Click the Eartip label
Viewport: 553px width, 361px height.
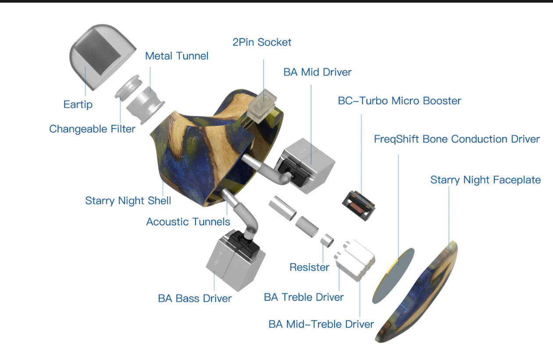(78, 105)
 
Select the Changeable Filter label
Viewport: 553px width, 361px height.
(92, 129)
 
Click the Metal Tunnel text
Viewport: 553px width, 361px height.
(177, 56)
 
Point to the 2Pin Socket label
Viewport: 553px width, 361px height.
(262, 42)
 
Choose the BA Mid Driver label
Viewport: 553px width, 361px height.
(318, 72)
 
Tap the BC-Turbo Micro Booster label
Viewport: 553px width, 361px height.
(399, 101)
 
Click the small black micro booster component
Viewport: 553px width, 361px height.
(359, 205)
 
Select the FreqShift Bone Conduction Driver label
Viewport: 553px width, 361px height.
(457, 139)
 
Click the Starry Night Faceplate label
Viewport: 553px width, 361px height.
(485, 180)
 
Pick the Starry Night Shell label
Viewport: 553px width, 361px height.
(128, 201)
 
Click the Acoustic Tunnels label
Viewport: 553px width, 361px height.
(188, 222)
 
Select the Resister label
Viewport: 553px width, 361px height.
(309, 267)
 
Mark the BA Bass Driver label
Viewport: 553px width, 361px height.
(195, 298)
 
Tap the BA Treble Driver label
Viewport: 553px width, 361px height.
(303, 297)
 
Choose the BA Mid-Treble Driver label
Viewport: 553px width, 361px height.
(321, 324)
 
